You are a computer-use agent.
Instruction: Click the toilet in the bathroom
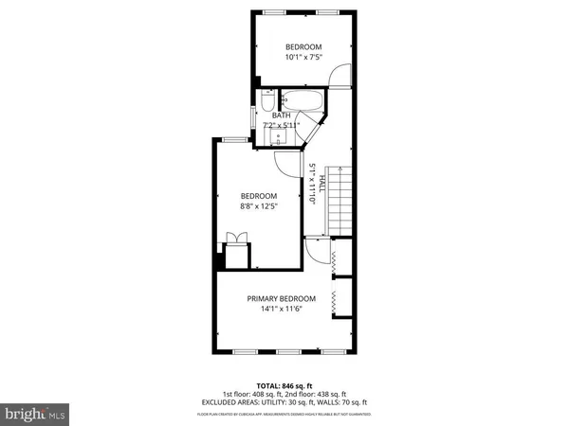(x=268, y=100)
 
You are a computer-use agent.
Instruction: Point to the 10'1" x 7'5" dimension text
(x=303, y=58)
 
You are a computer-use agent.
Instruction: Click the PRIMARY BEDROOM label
(x=282, y=297)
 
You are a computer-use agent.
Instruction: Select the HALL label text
(x=322, y=183)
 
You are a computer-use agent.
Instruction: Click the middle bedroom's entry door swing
(x=282, y=163)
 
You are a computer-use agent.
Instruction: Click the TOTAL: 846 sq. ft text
(x=284, y=384)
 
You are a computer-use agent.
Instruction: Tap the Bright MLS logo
(x=35, y=413)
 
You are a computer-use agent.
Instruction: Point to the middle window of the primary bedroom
(x=284, y=351)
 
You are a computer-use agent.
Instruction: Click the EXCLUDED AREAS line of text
(x=284, y=402)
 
